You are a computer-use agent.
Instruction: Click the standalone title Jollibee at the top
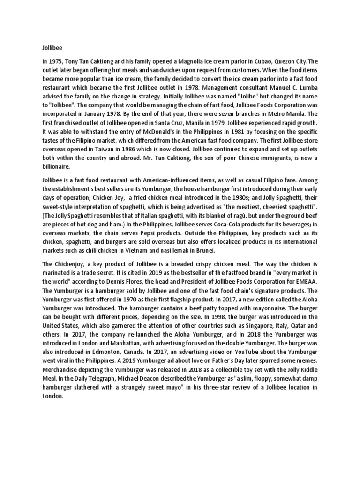[47, 47]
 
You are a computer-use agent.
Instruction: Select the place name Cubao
[260, 61]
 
